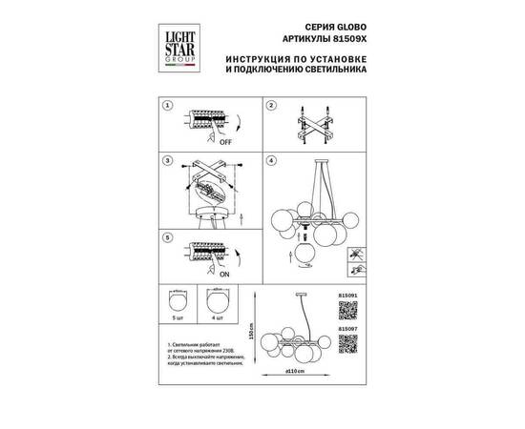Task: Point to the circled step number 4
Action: [271, 162]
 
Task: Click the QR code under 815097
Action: [348, 343]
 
